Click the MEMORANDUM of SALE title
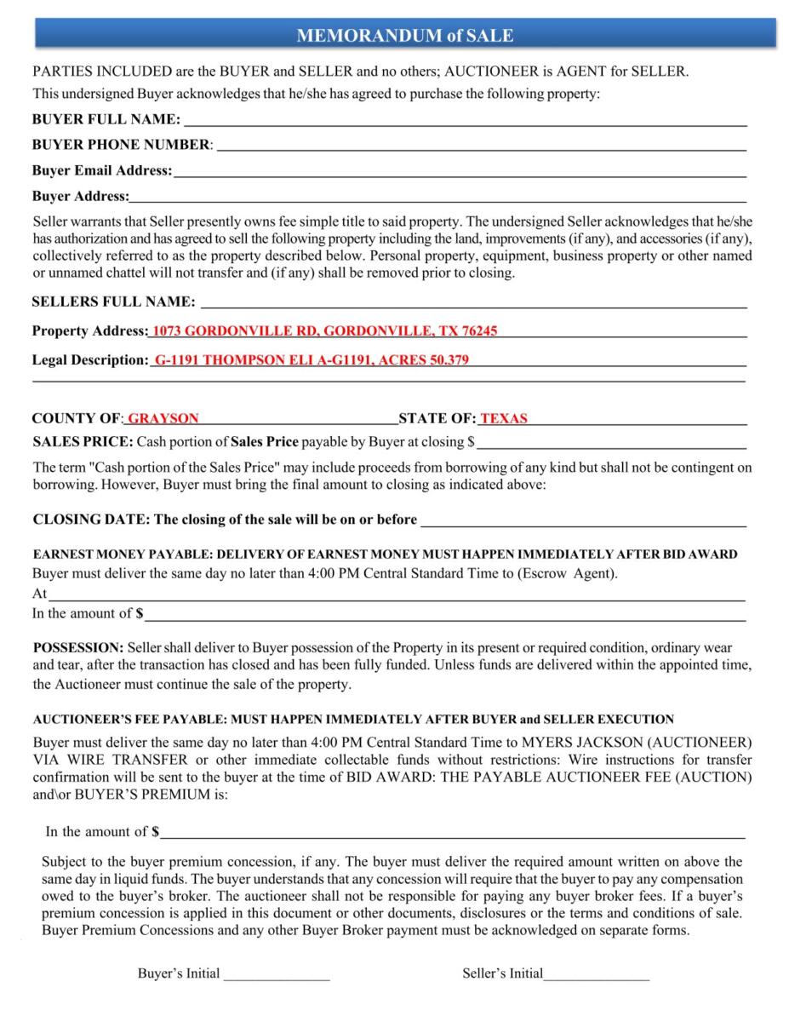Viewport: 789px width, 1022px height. coord(404,35)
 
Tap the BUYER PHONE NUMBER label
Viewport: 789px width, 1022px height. coord(121,145)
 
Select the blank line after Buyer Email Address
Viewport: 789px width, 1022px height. coord(460,171)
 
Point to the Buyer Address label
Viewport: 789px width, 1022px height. coord(80,196)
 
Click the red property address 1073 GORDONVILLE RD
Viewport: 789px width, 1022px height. coord(324,330)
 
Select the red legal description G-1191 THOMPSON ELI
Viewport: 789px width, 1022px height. coord(310,359)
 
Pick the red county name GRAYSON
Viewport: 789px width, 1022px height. coord(163,418)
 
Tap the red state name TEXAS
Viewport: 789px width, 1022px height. coord(504,418)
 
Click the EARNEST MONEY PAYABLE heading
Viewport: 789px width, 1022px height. coord(385,554)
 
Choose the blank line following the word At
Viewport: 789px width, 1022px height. coord(397,595)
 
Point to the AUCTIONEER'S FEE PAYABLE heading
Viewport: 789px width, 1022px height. coord(353,720)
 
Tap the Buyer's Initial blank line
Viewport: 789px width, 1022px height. coord(277,974)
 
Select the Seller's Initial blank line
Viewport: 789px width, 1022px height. coord(596,974)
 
